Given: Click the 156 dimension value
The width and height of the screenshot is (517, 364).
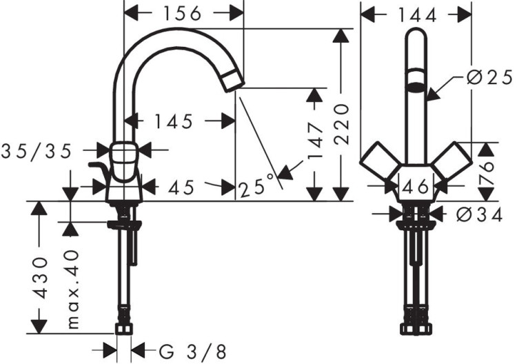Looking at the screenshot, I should [x=183, y=13].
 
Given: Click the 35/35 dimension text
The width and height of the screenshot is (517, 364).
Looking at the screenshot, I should [x=37, y=151].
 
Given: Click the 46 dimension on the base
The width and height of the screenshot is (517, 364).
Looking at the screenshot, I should [x=416, y=186].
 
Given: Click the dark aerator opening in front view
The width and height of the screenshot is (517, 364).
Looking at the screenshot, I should [x=415, y=88].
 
